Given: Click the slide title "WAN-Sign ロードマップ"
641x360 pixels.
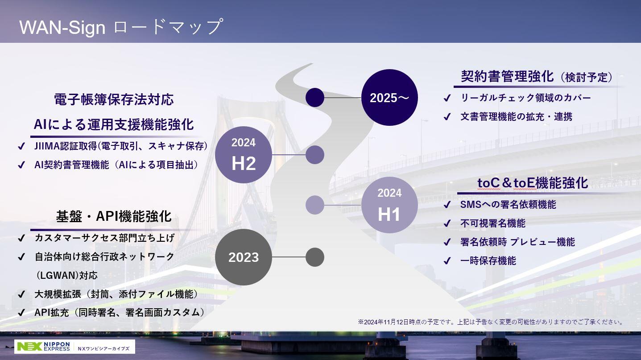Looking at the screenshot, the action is pyautogui.click(x=121, y=27).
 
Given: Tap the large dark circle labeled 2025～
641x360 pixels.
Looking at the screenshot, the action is pyautogui.click(x=389, y=97).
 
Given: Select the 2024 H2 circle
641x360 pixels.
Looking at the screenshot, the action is pyautogui.click(x=244, y=155).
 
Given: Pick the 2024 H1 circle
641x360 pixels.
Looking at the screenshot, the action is pyautogui.click(x=389, y=205).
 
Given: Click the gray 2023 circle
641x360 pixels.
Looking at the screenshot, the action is pyautogui.click(x=244, y=257).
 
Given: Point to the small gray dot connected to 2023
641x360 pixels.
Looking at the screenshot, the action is pyautogui.click(x=315, y=257).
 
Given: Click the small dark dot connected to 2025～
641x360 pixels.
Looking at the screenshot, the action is pyautogui.click(x=315, y=97).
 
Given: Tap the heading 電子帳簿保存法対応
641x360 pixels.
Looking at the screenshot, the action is pyautogui.click(x=114, y=99).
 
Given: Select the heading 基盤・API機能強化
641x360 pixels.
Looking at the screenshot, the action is pyautogui.click(x=114, y=216).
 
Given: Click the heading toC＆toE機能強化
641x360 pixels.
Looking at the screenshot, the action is pyautogui.click(x=533, y=183).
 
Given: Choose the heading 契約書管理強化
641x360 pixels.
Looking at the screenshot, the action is pyautogui.click(x=507, y=76).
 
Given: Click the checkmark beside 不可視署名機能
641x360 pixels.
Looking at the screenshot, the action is pyautogui.click(x=447, y=223).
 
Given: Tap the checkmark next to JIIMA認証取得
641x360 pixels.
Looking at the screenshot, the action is pyautogui.click(x=21, y=146).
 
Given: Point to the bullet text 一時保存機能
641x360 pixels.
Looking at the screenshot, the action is pyautogui.click(x=488, y=261).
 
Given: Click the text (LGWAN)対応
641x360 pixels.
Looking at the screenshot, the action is pyautogui.click(x=66, y=275).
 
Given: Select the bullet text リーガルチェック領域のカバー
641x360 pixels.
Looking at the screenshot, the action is pyautogui.click(x=525, y=98).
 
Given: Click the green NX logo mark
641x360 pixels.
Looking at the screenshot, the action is pyautogui.click(x=30, y=347).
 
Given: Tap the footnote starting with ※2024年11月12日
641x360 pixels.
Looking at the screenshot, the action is pyautogui.click(x=491, y=322).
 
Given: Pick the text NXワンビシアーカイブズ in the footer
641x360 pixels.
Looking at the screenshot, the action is pyautogui.click(x=103, y=348).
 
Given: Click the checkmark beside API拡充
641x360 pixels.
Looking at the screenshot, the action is pyautogui.click(x=21, y=313).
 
